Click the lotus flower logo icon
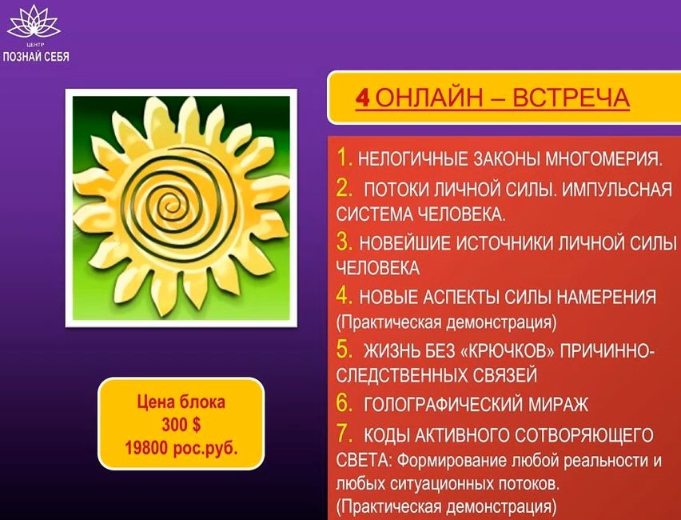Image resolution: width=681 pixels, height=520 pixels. click(x=34, y=22)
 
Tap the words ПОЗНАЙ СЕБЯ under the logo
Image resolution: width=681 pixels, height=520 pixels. click(x=36, y=56)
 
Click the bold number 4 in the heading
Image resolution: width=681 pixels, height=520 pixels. click(x=362, y=98)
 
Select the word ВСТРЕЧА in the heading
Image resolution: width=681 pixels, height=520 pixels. click(x=571, y=98)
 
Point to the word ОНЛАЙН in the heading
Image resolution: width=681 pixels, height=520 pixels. click(x=429, y=98)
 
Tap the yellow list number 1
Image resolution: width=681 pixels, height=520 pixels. click(x=344, y=158)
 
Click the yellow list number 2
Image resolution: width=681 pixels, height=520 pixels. click(x=344, y=188)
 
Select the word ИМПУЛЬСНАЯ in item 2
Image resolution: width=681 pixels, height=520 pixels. click(x=616, y=190)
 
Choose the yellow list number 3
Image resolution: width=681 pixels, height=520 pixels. click(x=344, y=242)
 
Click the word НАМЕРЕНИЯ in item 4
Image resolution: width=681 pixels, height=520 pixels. click(x=607, y=298)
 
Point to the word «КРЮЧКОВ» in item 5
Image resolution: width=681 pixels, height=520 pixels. click(x=507, y=351)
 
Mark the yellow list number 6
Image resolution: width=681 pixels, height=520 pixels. click(x=344, y=403)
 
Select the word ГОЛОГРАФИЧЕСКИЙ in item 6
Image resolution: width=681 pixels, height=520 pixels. click(x=443, y=406)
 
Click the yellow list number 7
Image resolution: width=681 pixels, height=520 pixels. click(x=344, y=434)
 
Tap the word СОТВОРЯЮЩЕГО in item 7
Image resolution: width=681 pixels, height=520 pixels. click(x=581, y=436)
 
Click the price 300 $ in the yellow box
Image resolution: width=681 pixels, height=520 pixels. click(x=181, y=425)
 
